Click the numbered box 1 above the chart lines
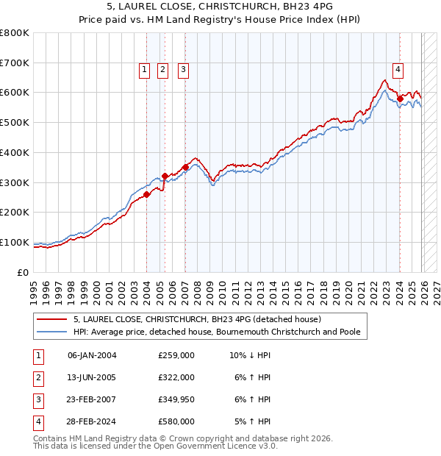click(143, 70)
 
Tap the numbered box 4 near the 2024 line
click(398, 70)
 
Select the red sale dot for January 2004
click(147, 194)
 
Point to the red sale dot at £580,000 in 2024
click(400, 98)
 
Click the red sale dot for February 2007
click(186, 167)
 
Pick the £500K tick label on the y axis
click(15, 122)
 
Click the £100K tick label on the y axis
click(15, 242)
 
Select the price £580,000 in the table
click(176, 422)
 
